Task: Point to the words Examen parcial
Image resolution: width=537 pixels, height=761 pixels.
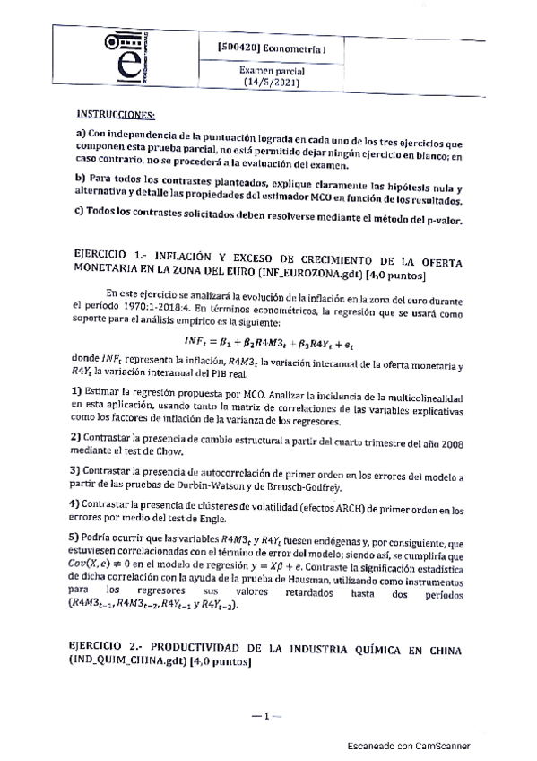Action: coord(274,69)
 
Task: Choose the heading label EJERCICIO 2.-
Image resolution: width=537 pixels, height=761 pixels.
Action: coord(108,647)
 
